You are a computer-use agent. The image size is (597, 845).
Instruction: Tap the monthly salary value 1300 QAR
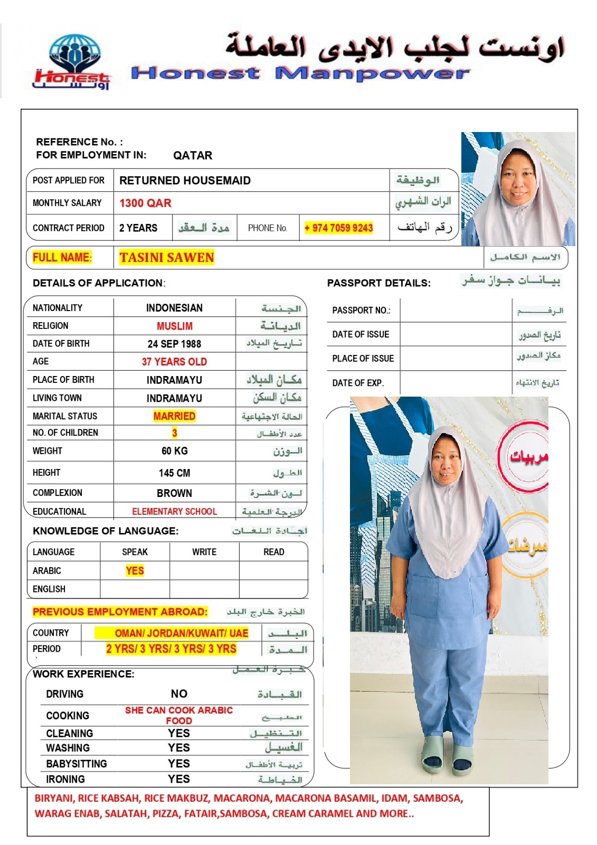145,203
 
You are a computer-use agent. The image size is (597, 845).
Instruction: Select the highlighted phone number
338,228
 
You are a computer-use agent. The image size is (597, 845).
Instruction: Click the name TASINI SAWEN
166,258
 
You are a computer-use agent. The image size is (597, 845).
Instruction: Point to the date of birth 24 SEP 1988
174,344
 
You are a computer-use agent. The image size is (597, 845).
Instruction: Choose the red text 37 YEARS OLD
174,362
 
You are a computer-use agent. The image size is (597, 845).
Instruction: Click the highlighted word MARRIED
174,416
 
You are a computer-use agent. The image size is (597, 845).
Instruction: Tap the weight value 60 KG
174,451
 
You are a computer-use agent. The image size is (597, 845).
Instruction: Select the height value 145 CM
174,473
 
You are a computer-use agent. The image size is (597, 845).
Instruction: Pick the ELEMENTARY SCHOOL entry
174,512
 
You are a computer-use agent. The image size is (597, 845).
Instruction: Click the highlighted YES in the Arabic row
135,571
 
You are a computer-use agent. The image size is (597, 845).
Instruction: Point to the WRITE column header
204,552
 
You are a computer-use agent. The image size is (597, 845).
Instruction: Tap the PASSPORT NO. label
361,311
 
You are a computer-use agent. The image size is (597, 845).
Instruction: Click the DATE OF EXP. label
358,383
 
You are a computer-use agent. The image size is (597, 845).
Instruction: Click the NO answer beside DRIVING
179,694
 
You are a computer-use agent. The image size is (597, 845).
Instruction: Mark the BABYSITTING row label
77,764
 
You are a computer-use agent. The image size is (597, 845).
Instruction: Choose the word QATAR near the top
193,155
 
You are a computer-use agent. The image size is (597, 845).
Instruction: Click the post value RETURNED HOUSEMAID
185,181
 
